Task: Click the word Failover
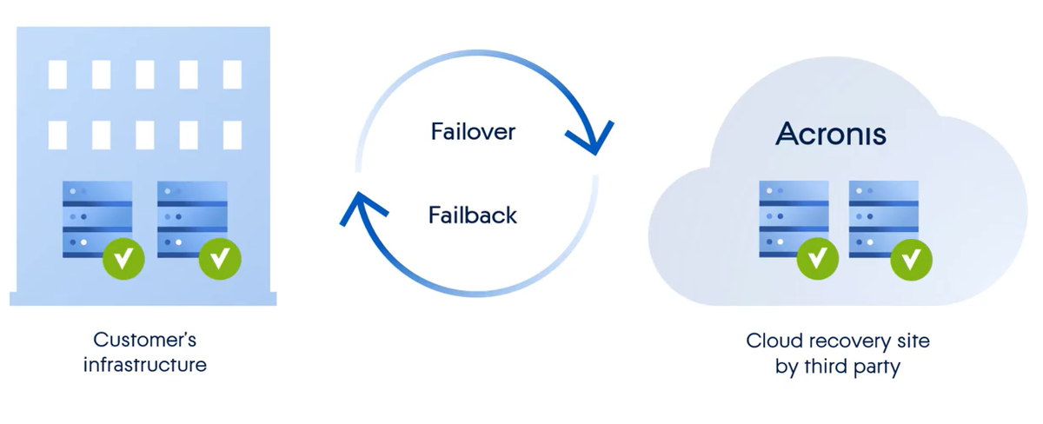pos(473,132)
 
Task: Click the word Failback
pos(473,214)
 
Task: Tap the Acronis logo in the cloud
pos(831,134)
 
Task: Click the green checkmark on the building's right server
pos(218,259)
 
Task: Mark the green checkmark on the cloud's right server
pos(912,258)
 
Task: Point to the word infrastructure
pos(145,364)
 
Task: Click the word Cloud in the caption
pos(769,341)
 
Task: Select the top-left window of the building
pos(57,75)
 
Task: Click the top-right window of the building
pos(232,75)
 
